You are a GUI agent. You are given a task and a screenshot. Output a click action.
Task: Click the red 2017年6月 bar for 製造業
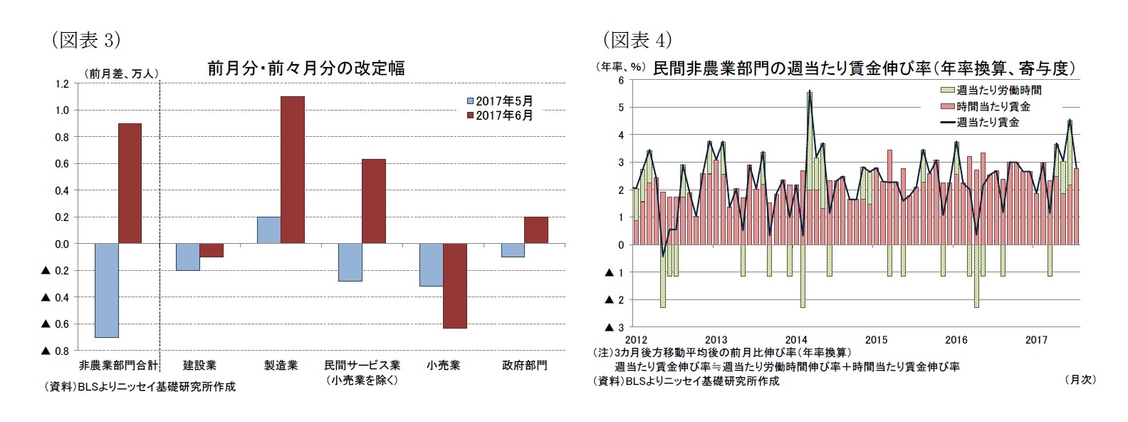pyautogui.click(x=292, y=170)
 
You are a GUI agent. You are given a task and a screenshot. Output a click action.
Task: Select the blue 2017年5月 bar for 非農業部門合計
pyautogui.click(x=106, y=290)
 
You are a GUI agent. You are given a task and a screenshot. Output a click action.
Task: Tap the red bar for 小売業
pyautogui.click(x=454, y=286)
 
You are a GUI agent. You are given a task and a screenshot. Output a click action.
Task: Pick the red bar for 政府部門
pyautogui.click(x=536, y=230)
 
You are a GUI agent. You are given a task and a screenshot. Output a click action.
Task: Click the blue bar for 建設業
pyautogui.click(x=187, y=257)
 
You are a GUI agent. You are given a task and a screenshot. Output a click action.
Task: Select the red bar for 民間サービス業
pyautogui.click(x=373, y=201)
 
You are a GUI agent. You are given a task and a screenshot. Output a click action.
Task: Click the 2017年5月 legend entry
pyautogui.click(x=499, y=101)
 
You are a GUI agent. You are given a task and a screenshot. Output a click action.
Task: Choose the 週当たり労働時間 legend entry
pyautogui.click(x=991, y=90)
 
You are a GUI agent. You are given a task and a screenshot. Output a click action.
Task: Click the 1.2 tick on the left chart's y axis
pyautogui.click(x=61, y=83)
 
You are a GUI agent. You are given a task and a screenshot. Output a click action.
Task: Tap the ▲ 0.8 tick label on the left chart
pyautogui.click(x=55, y=351)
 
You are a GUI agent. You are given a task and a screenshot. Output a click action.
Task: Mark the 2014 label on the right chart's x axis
pyautogui.click(x=795, y=340)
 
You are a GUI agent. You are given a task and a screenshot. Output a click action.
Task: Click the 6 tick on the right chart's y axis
pyautogui.click(x=620, y=81)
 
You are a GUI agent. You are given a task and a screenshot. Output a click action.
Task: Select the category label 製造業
pyautogui.click(x=281, y=365)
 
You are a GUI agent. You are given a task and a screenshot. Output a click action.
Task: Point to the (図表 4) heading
pyautogui.click(x=637, y=39)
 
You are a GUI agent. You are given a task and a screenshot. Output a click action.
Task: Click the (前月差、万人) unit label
pyautogui.click(x=121, y=73)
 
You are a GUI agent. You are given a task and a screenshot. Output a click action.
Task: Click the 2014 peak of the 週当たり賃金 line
pyautogui.click(x=810, y=91)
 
